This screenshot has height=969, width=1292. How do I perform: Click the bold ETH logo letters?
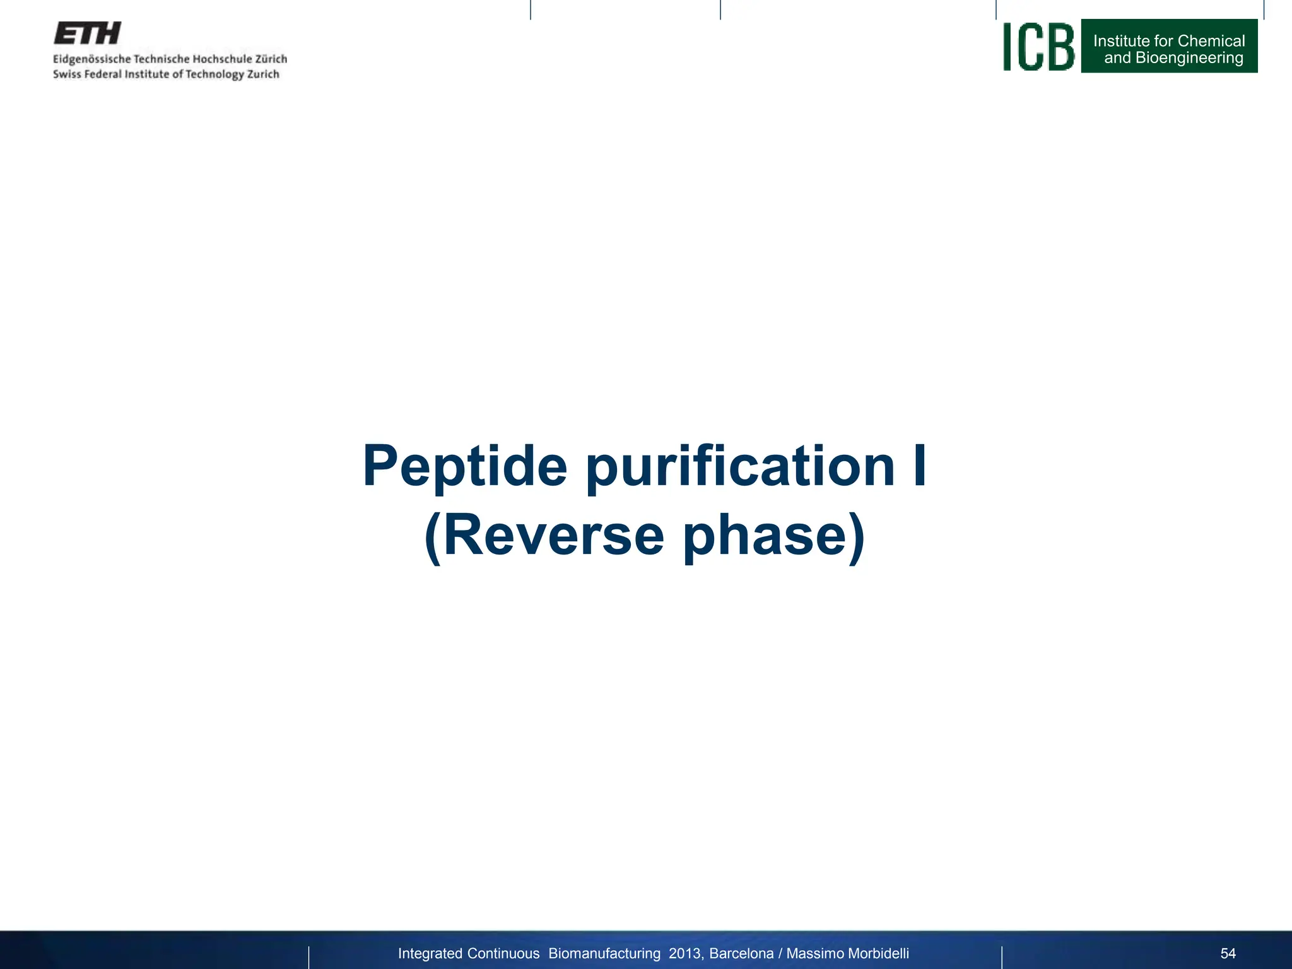tap(87, 33)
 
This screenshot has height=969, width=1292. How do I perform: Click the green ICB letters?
tap(1038, 47)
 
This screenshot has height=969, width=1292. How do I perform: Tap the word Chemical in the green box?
tap(1211, 41)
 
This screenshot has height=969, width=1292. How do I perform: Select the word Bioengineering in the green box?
tap(1189, 58)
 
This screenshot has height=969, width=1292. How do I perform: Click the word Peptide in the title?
tap(465, 467)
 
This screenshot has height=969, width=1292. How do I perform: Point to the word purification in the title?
tap(740, 467)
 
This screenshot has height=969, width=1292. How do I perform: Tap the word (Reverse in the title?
tap(544, 536)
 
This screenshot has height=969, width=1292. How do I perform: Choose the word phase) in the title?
tap(774, 537)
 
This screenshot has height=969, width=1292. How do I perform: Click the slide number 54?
tap(1228, 953)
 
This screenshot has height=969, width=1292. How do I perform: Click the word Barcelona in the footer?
tap(741, 953)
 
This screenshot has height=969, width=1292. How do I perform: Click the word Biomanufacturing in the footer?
tap(604, 953)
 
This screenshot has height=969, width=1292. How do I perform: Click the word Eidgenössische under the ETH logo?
tap(91, 59)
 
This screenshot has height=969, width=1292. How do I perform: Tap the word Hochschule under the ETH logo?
tap(221, 59)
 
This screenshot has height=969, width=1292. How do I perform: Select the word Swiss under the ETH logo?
tap(67, 74)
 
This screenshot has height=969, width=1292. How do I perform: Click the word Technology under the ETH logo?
tap(214, 75)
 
